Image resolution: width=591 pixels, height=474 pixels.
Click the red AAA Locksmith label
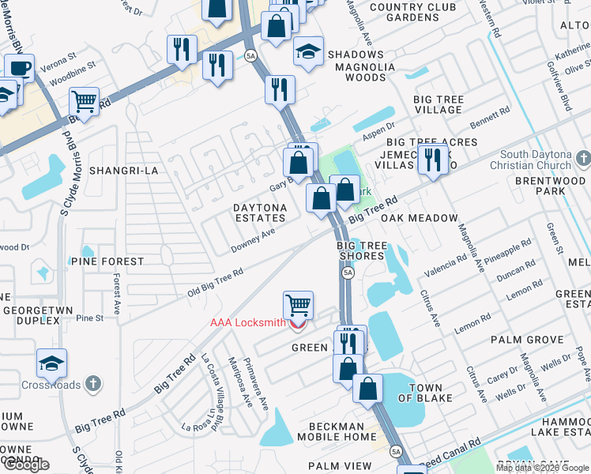coord(247,322)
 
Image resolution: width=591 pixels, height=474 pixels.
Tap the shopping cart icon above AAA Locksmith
coord(298,304)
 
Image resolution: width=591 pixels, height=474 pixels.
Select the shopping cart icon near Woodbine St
coord(84,100)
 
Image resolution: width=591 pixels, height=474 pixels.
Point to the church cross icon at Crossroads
coord(94,384)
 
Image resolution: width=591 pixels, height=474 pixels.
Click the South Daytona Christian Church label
coord(534,160)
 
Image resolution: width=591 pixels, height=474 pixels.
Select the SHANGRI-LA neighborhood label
coord(120,171)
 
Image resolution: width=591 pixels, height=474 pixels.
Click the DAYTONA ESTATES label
coord(259,212)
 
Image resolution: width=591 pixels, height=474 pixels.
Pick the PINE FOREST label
coord(107,261)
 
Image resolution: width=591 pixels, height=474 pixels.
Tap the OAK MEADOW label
coord(419,218)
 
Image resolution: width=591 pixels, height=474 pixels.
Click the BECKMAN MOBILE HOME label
coord(337,431)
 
